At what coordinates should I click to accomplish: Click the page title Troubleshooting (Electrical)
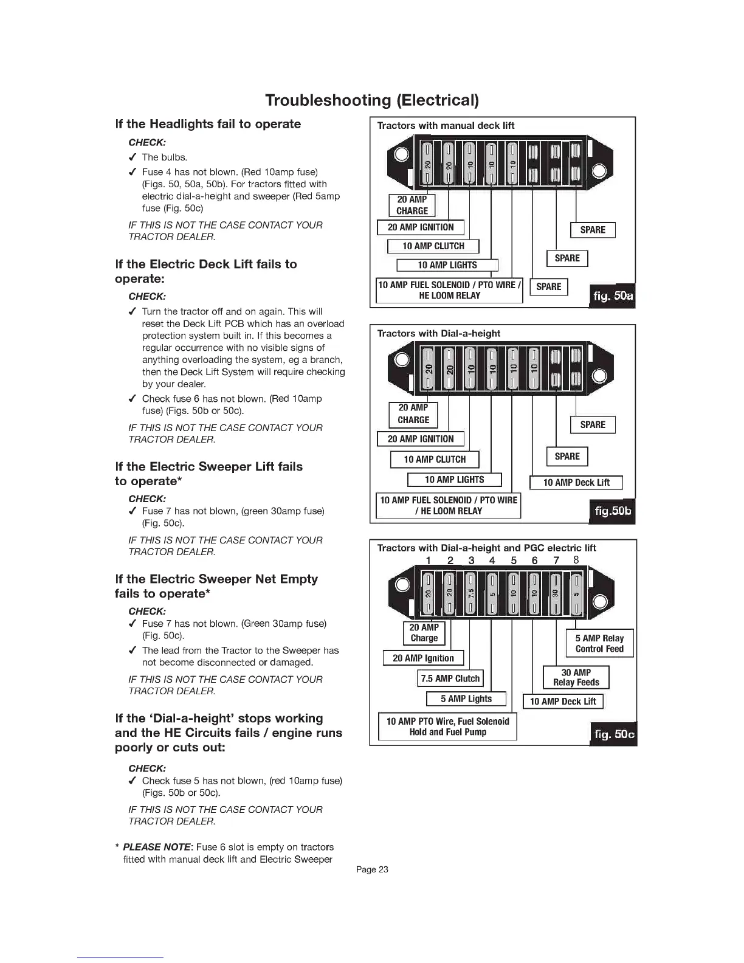pos(372,100)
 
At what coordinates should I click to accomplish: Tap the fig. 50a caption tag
pos(612,296)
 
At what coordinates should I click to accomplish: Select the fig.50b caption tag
pos(613,511)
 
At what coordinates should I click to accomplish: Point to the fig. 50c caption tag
pos(613,734)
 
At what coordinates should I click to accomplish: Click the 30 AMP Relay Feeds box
pos(576,677)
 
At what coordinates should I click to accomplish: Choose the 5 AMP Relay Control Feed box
pos(599,643)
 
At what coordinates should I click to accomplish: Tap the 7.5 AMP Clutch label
pos(450,678)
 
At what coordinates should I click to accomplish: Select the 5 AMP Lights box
pos(466,699)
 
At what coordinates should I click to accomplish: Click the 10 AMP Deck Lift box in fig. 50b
pos(576,483)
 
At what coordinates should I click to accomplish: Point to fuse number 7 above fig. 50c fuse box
pos(556,561)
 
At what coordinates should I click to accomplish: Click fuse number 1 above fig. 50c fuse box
pos(428,561)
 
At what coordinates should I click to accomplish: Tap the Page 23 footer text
pos(372,869)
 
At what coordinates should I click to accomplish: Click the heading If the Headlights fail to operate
pos(208,124)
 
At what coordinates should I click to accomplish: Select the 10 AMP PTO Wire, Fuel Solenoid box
pos(447,727)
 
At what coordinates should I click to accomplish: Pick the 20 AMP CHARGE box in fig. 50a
pos(412,205)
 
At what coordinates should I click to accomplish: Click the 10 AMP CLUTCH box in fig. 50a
pos(433,246)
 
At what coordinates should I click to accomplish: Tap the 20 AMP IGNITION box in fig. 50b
pos(421,439)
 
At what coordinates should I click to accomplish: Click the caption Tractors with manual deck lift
pos(446,126)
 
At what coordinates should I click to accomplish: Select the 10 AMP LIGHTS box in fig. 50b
pos(454,480)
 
